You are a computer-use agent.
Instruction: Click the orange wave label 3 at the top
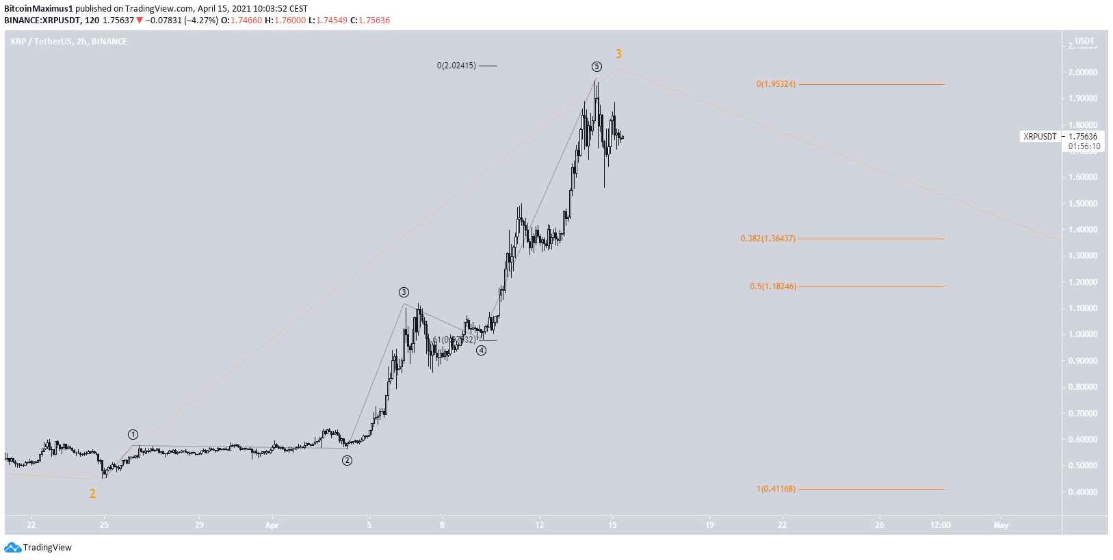[618, 54]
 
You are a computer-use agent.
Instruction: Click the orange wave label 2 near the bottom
[92, 494]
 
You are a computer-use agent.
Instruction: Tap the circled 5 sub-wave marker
[597, 66]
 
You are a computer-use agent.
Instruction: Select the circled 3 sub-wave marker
[404, 293]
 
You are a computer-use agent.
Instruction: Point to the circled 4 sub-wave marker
[482, 351]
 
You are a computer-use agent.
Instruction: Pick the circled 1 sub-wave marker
[133, 435]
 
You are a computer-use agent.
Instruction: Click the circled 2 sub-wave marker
[347, 461]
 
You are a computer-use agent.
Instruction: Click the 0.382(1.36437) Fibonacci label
[768, 239]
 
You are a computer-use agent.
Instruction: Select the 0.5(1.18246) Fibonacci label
[772, 286]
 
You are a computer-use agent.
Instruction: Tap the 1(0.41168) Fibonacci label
[776, 489]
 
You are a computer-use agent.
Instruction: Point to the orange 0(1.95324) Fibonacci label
[775, 84]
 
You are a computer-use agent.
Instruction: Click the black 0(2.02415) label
[456, 66]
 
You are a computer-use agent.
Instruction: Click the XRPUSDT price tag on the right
[1040, 137]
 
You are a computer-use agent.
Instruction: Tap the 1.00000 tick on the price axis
[1083, 334]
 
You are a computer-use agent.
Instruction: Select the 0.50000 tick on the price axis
[1083, 466]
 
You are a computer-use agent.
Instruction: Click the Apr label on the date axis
[272, 525]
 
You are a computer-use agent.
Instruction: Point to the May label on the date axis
[1001, 525]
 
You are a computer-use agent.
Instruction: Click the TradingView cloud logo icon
[12, 547]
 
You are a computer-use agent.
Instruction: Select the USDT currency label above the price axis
[1084, 41]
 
